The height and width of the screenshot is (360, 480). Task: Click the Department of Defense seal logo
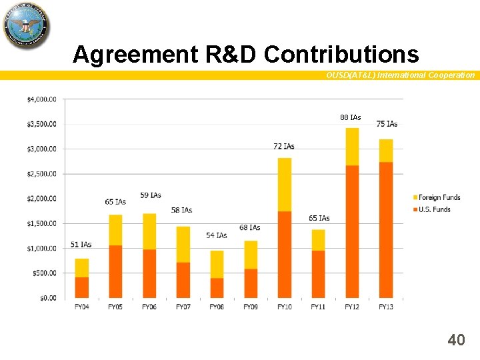click(x=27, y=25)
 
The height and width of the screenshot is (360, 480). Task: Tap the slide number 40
click(x=456, y=341)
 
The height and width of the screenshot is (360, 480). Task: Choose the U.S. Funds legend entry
click(x=433, y=209)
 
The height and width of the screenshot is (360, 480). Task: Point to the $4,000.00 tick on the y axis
click(x=41, y=99)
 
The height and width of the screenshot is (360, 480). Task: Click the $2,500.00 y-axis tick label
click(x=41, y=174)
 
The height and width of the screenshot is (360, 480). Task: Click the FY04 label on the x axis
click(x=82, y=307)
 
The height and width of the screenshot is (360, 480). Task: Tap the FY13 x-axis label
click(x=386, y=307)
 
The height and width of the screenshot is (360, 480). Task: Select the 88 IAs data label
click(x=350, y=117)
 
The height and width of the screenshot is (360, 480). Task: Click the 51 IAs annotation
click(x=81, y=245)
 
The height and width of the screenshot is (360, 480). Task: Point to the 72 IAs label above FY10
click(x=284, y=146)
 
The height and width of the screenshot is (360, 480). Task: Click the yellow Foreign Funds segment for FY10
click(x=285, y=185)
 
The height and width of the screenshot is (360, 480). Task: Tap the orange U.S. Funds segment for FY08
click(x=217, y=287)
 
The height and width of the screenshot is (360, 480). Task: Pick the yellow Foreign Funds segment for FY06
click(x=149, y=231)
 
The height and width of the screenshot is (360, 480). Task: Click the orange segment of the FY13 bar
click(x=386, y=229)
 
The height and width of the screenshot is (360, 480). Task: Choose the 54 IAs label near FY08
click(x=216, y=235)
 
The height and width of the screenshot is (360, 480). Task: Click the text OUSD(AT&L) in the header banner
click(x=350, y=75)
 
